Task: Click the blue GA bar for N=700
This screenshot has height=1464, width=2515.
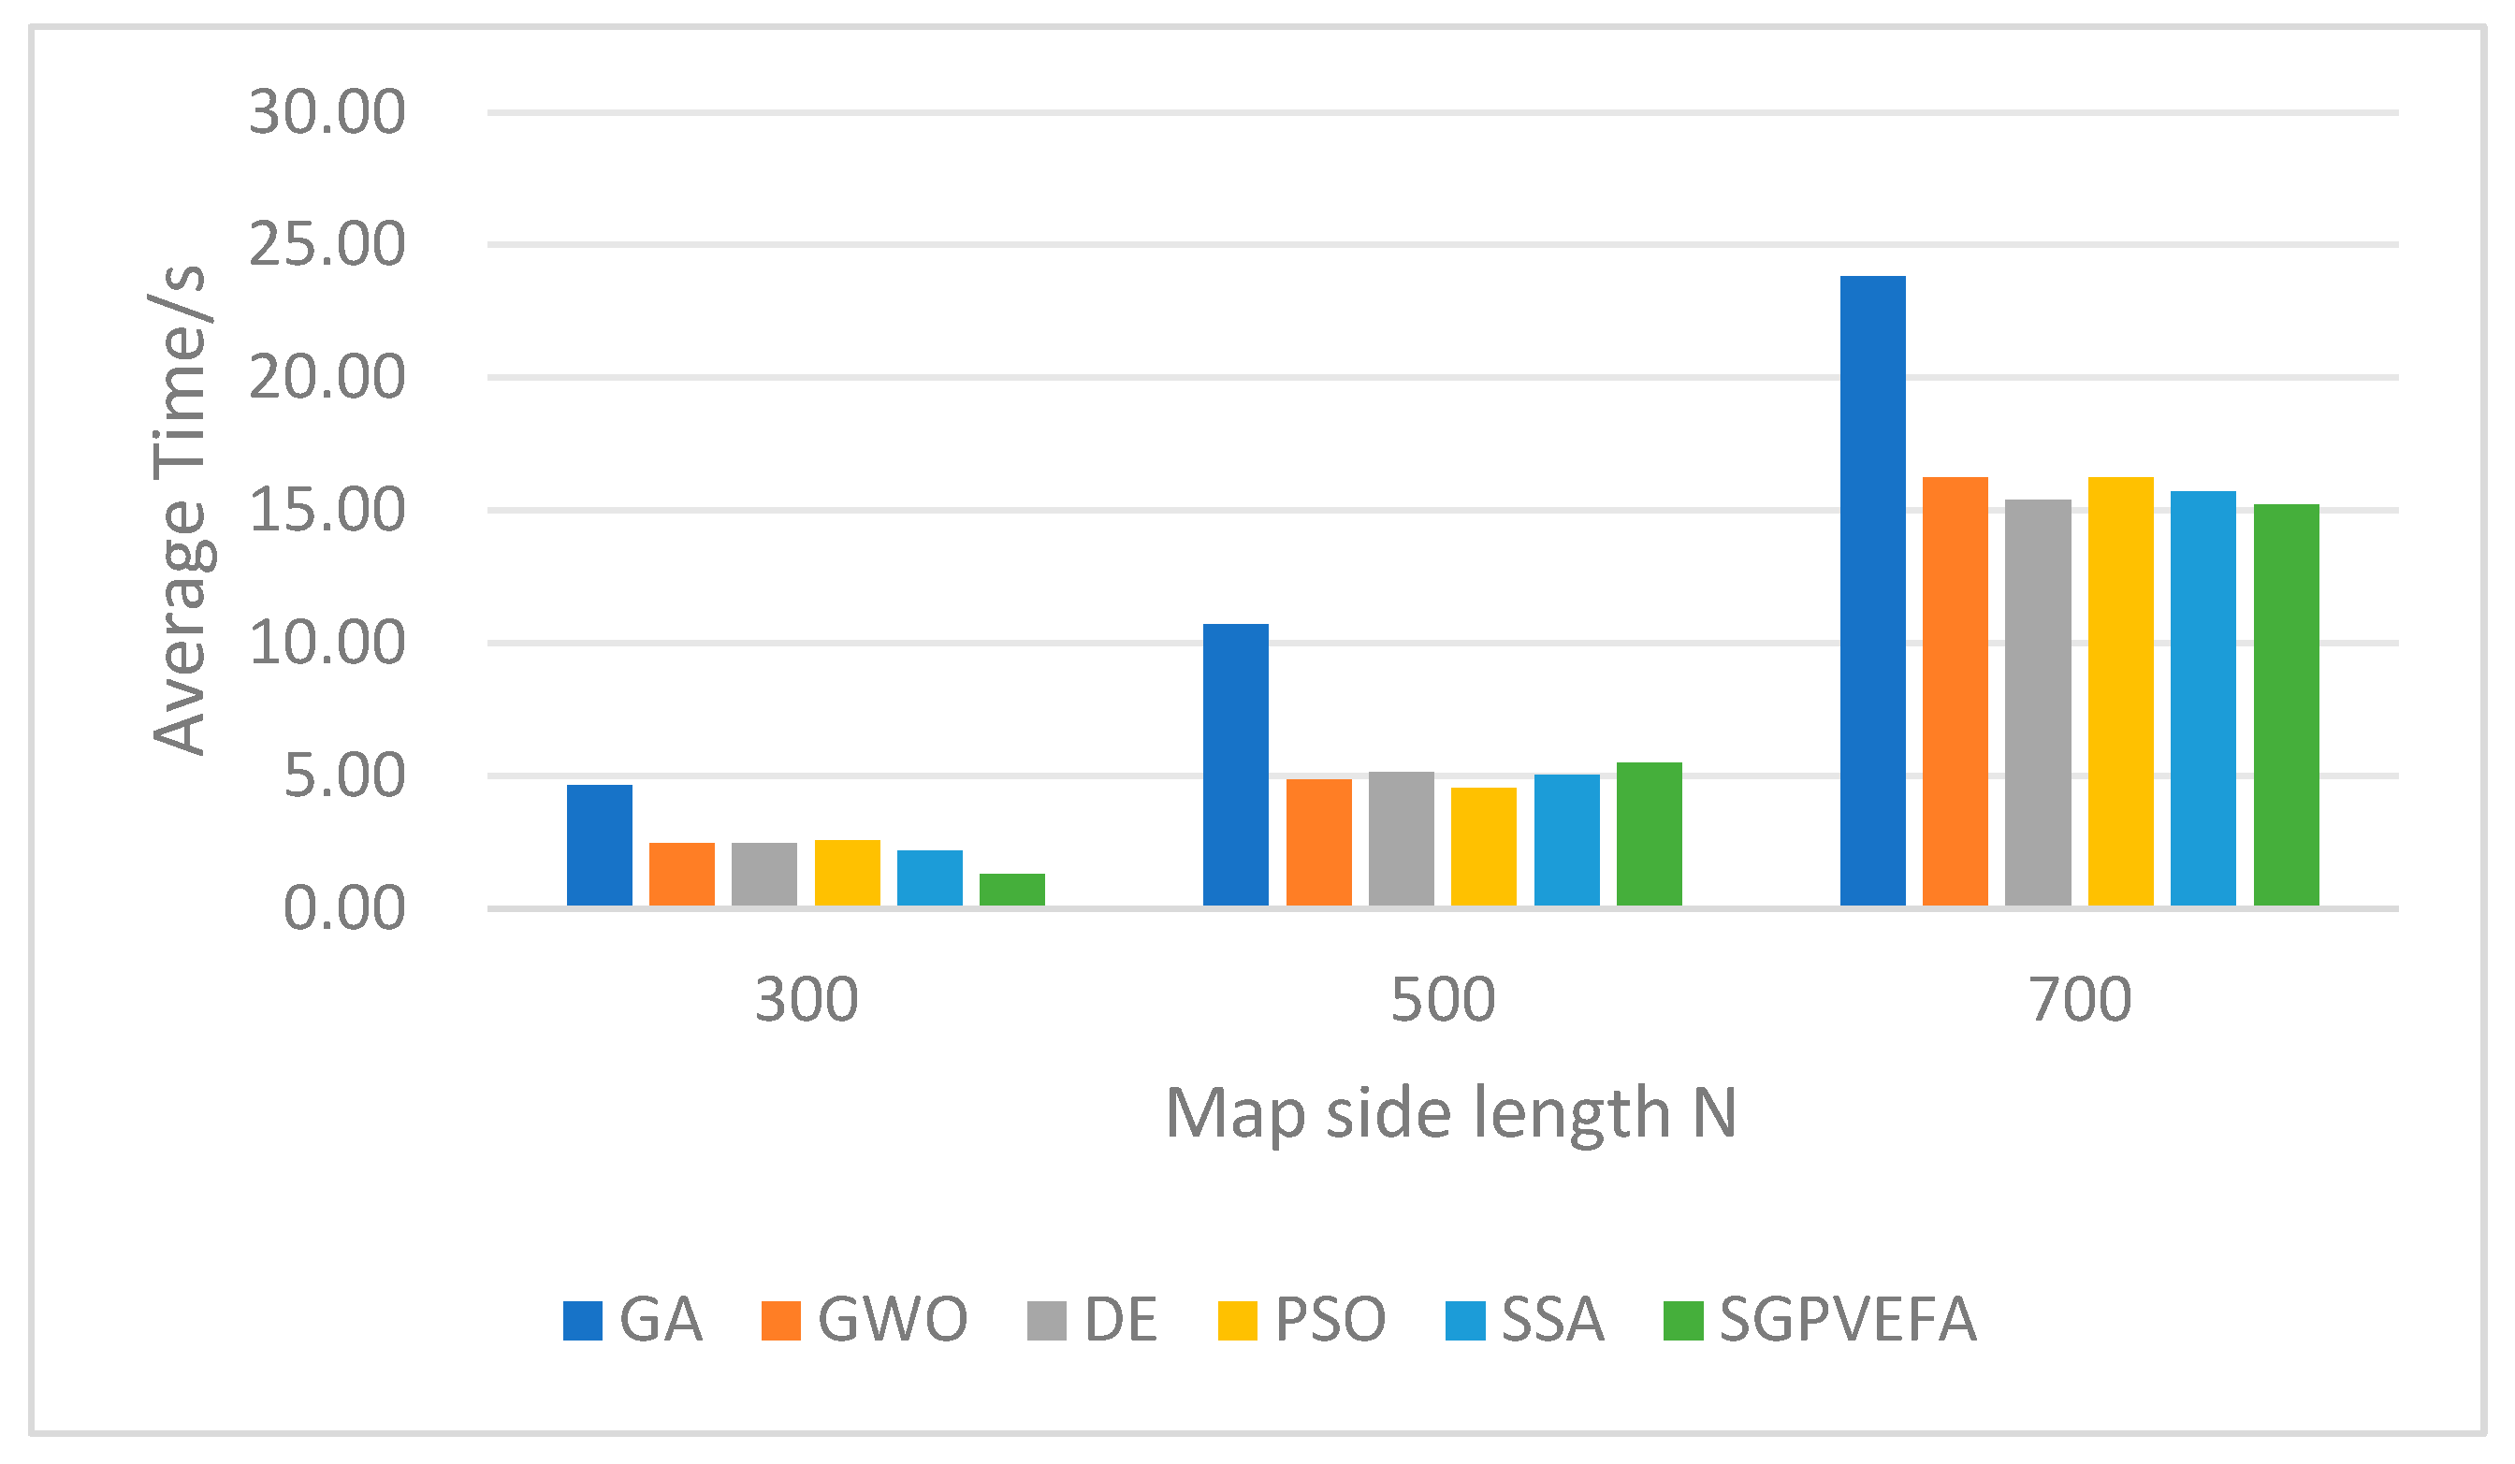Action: click(1872, 591)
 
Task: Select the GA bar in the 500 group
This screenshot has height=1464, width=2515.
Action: click(1236, 764)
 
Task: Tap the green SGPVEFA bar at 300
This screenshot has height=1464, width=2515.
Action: click(1012, 890)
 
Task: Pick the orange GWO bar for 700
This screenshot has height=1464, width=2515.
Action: click(1955, 691)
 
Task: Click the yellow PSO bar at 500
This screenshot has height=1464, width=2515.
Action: click(1483, 847)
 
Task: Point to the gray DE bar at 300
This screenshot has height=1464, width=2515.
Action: click(764, 875)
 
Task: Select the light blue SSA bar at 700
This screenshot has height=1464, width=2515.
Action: click(2202, 699)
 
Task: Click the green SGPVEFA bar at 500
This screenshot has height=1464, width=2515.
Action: click(1649, 834)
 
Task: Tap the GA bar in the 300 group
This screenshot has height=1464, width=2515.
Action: click(600, 846)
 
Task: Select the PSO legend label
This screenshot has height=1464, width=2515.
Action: click(1330, 1319)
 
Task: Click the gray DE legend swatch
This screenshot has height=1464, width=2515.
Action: click(1047, 1320)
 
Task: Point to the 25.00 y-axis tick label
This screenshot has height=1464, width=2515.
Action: click(327, 244)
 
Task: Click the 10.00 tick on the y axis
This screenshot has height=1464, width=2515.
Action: click(327, 643)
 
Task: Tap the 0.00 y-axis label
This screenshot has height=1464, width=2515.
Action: click(344, 908)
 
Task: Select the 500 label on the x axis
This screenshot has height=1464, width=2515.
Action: click(1442, 1000)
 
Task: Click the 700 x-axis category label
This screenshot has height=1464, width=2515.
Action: click(2080, 1000)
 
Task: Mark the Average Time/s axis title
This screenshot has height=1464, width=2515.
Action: click(180, 510)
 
